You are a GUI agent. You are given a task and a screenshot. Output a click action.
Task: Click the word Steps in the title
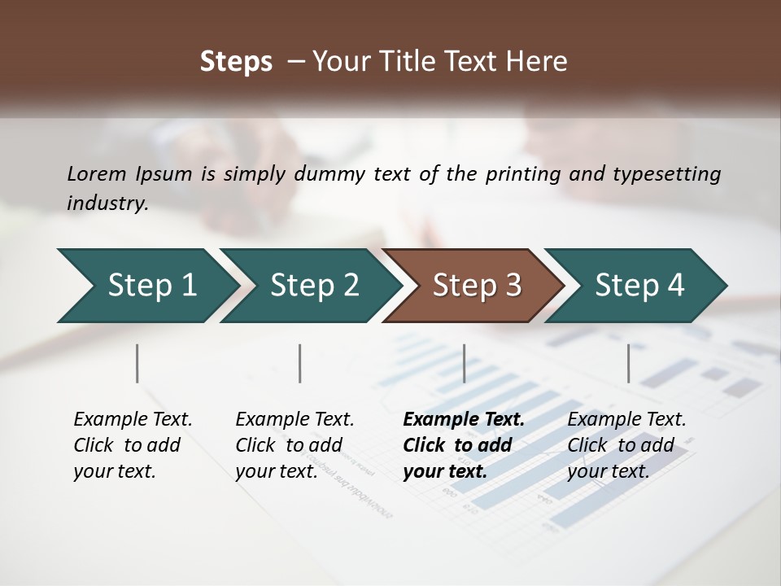236,62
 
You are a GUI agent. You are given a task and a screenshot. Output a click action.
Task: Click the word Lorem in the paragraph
97,173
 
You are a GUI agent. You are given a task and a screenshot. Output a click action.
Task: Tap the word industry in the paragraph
107,203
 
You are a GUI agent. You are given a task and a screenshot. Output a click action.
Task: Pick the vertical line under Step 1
137,363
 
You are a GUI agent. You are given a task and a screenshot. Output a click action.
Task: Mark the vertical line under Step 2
300,363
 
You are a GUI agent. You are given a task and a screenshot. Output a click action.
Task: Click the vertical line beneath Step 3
464,363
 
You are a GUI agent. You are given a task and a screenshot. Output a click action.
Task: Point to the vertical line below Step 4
628,363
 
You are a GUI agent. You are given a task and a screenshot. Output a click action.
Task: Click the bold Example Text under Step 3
464,419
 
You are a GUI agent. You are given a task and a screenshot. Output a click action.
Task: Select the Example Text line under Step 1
133,419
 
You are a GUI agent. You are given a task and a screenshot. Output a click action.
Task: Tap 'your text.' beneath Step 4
608,471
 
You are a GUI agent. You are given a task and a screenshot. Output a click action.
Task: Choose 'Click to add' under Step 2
289,445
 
